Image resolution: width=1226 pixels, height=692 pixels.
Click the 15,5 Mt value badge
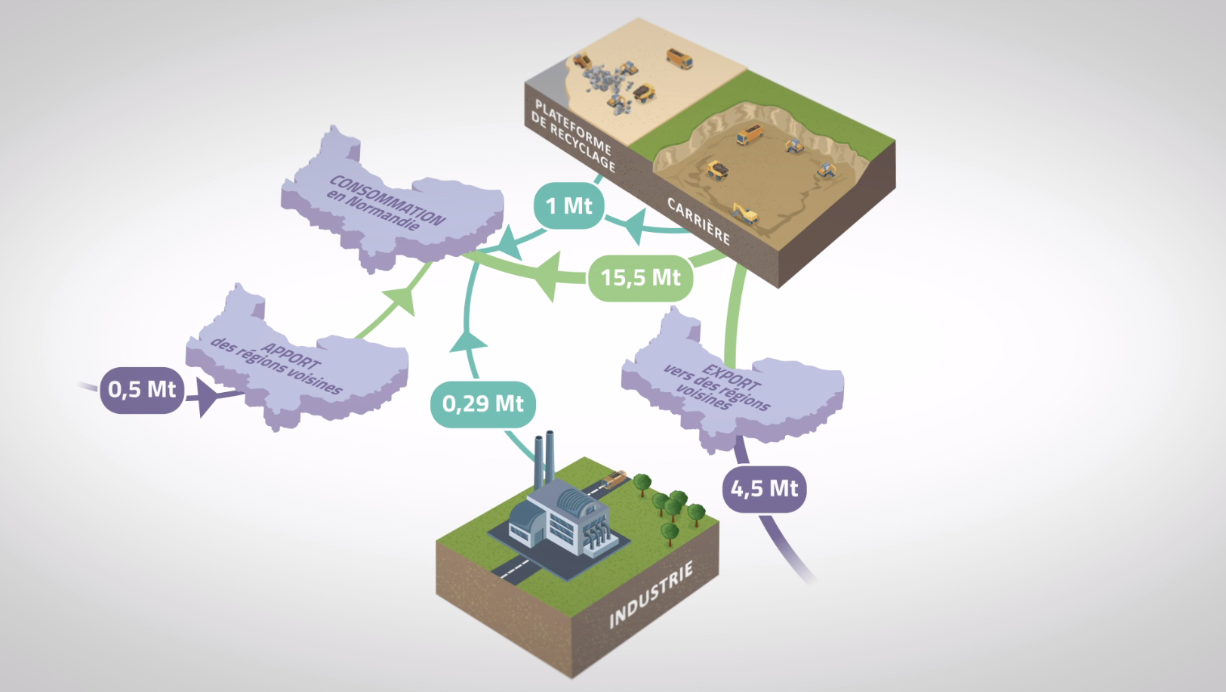(x=640, y=278)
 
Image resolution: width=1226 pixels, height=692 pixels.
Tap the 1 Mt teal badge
(x=568, y=205)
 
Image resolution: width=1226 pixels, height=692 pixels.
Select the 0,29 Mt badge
(x=483, y=403)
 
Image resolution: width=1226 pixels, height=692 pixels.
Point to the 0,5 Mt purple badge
(x=142, y=389)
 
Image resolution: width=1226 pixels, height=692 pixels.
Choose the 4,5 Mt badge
(x=764, y=489)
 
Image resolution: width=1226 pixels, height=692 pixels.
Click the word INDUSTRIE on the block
(x=651, y=595)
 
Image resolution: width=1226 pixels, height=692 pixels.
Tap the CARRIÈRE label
(x=698, y=221)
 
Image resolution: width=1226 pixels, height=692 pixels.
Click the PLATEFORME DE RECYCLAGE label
(x=573, y=134)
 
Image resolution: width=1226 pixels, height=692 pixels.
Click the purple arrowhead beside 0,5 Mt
(x=207, y=397)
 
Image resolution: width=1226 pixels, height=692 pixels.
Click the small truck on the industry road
(x=615, y=478)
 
